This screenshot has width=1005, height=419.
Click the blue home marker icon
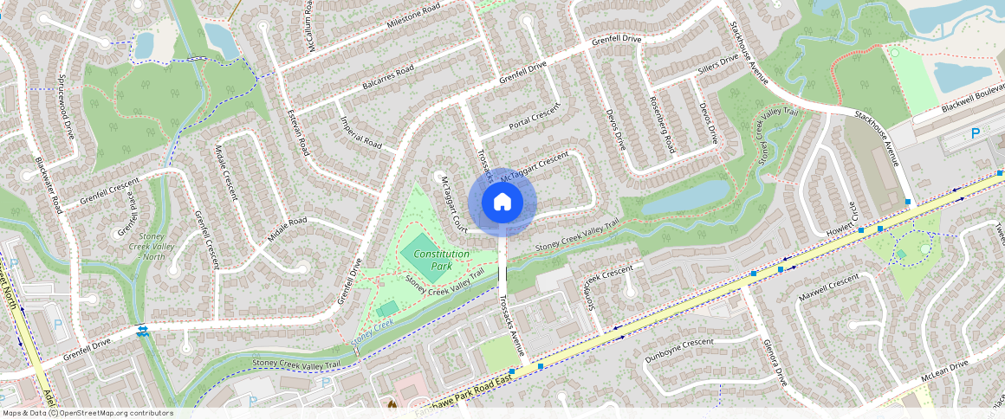[502, 203]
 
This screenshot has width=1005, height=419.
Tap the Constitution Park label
[441, 260]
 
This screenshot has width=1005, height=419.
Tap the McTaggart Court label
[453, 203]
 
